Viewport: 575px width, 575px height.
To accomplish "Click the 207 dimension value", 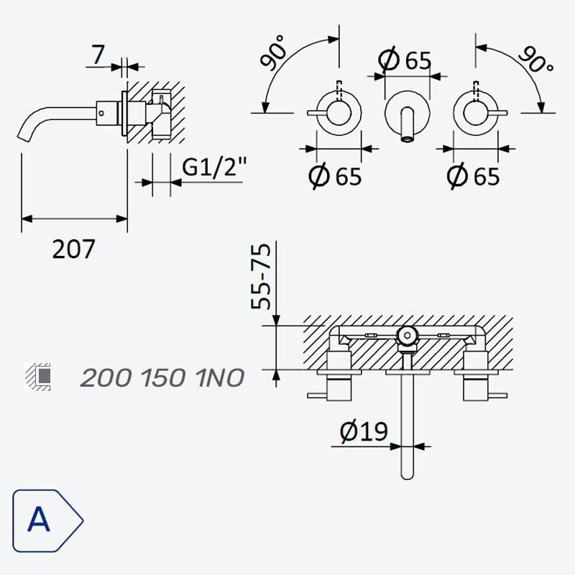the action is click(74, 249).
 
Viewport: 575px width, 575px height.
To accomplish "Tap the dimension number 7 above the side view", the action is click(98, 55).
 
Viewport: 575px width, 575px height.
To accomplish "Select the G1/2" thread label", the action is click(214, 167).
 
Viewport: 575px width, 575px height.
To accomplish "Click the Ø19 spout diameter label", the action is click(364, 432).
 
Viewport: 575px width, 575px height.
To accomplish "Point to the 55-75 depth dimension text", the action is click(261, 277).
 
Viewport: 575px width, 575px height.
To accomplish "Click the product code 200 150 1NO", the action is click(162, 378).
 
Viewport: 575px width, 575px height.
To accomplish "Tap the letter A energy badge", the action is click(47, 520).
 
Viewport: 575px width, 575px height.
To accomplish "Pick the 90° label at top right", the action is click(536, 59).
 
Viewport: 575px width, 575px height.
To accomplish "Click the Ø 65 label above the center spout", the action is click(405, 60).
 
